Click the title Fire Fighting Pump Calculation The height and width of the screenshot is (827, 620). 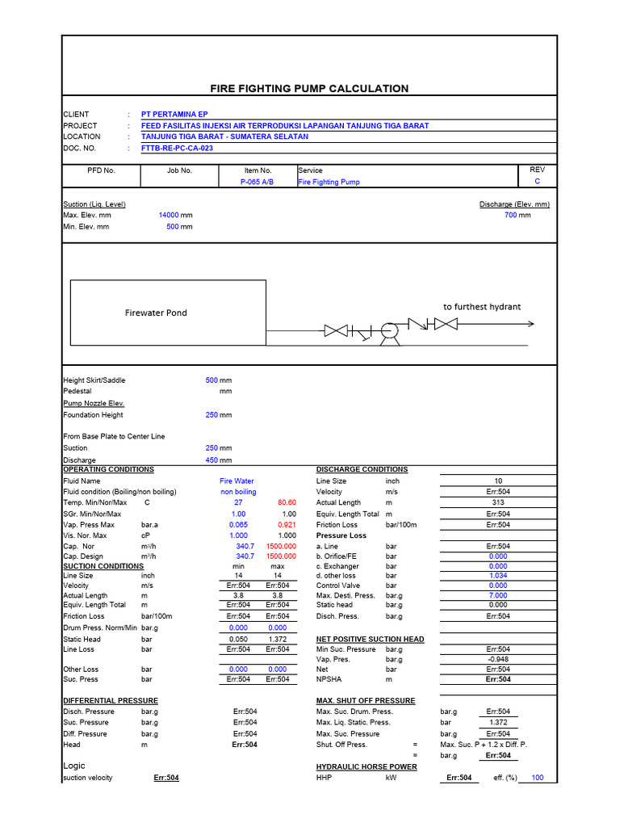309,89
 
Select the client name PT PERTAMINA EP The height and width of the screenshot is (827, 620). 174,115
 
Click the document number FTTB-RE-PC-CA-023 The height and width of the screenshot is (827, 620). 177,149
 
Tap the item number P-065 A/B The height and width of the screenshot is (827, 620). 258,183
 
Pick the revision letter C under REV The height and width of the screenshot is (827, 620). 537,183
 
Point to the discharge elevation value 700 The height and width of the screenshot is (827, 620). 510,216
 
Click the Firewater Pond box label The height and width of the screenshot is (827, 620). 156,313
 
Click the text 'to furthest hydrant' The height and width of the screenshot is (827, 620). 482,307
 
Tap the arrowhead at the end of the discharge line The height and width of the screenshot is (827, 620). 530,324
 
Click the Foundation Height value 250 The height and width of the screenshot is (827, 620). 212,415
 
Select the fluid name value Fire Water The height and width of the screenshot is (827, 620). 237,481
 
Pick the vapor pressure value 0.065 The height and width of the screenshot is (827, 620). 238,525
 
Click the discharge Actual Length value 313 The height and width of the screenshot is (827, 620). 498,502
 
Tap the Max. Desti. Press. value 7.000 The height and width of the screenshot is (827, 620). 498,595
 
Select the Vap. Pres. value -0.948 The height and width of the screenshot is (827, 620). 498,659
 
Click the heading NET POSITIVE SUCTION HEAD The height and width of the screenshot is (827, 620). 370,639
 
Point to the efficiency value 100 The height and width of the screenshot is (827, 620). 537,778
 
